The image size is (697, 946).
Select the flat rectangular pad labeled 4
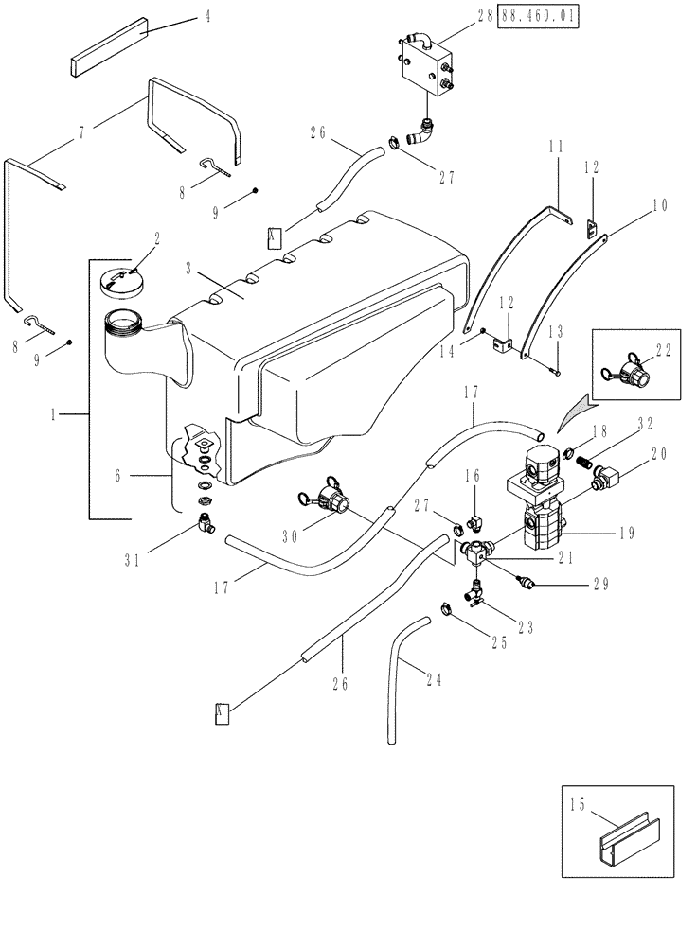[x=105, y=54]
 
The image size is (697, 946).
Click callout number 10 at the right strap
[x=633, y=203]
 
